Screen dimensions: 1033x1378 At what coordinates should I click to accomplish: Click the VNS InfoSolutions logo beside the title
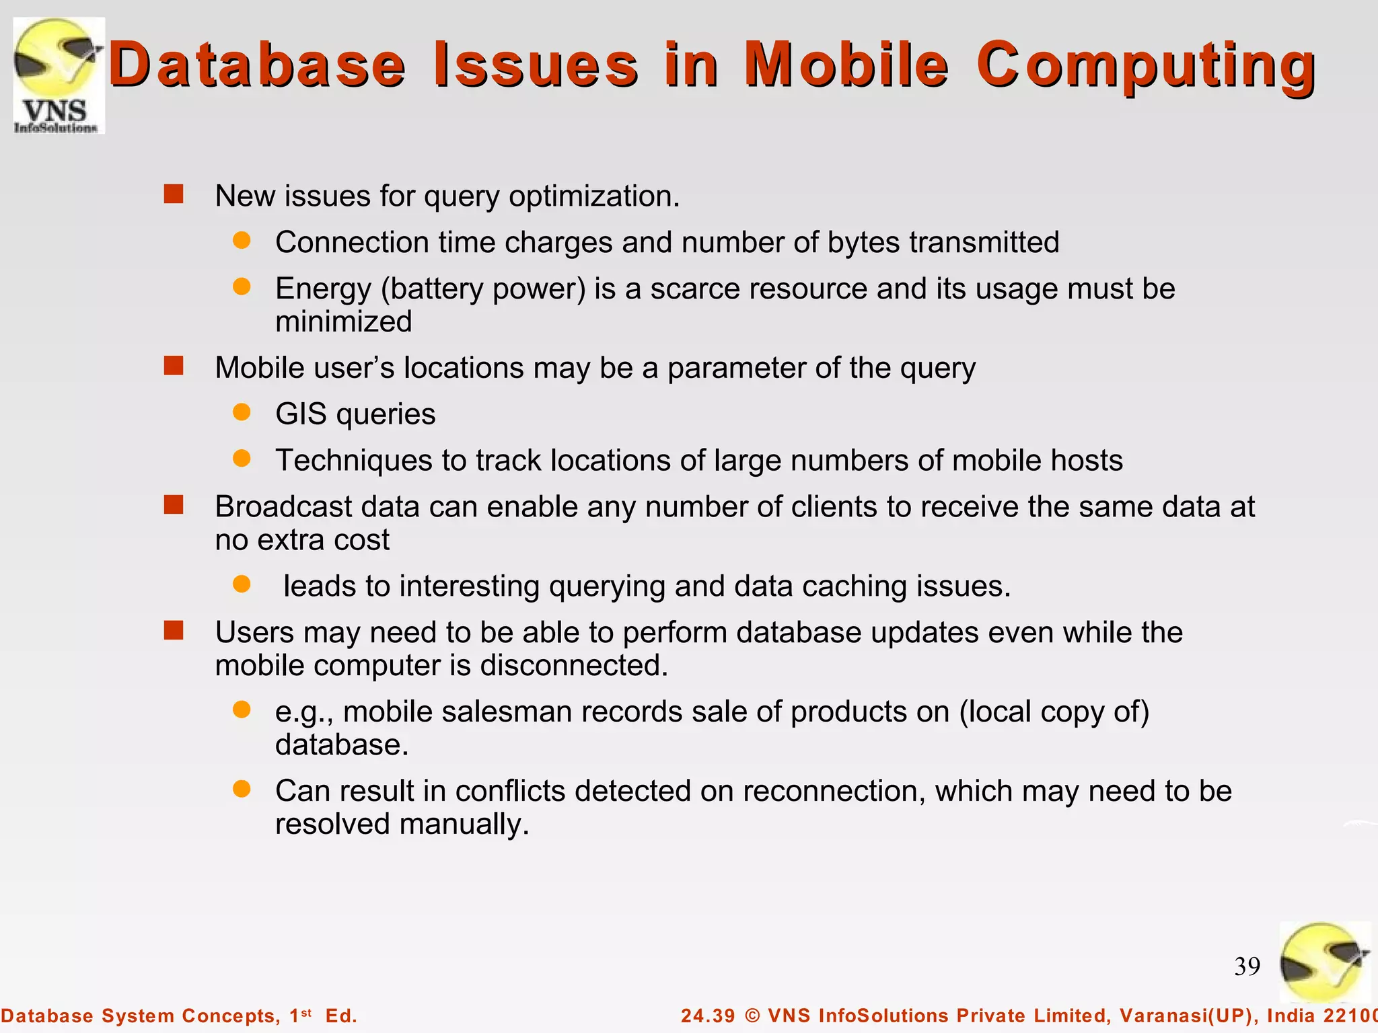click(x=59, y=75)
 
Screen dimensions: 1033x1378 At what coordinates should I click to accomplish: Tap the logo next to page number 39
click(x=1324, y=962)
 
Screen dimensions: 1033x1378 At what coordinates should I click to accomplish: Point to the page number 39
click(x=1247, y=966)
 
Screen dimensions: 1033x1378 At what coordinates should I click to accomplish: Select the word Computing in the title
click(x=1146, y=66)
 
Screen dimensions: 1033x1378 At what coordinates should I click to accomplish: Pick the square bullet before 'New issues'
click(x=174, y=194)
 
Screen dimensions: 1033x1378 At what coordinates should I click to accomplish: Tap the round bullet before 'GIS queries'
click(x=242, y=412)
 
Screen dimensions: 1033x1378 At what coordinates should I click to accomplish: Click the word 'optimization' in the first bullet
click(x=593, y=196)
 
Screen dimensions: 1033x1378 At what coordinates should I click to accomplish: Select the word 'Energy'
click(x=323, y=289)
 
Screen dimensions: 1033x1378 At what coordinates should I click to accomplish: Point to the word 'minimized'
click(x=343, y=321)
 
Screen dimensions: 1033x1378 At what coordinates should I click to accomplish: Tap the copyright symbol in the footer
click(x=752, y=1016)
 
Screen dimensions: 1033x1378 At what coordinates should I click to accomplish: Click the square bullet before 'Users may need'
click(x=174, y=630)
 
